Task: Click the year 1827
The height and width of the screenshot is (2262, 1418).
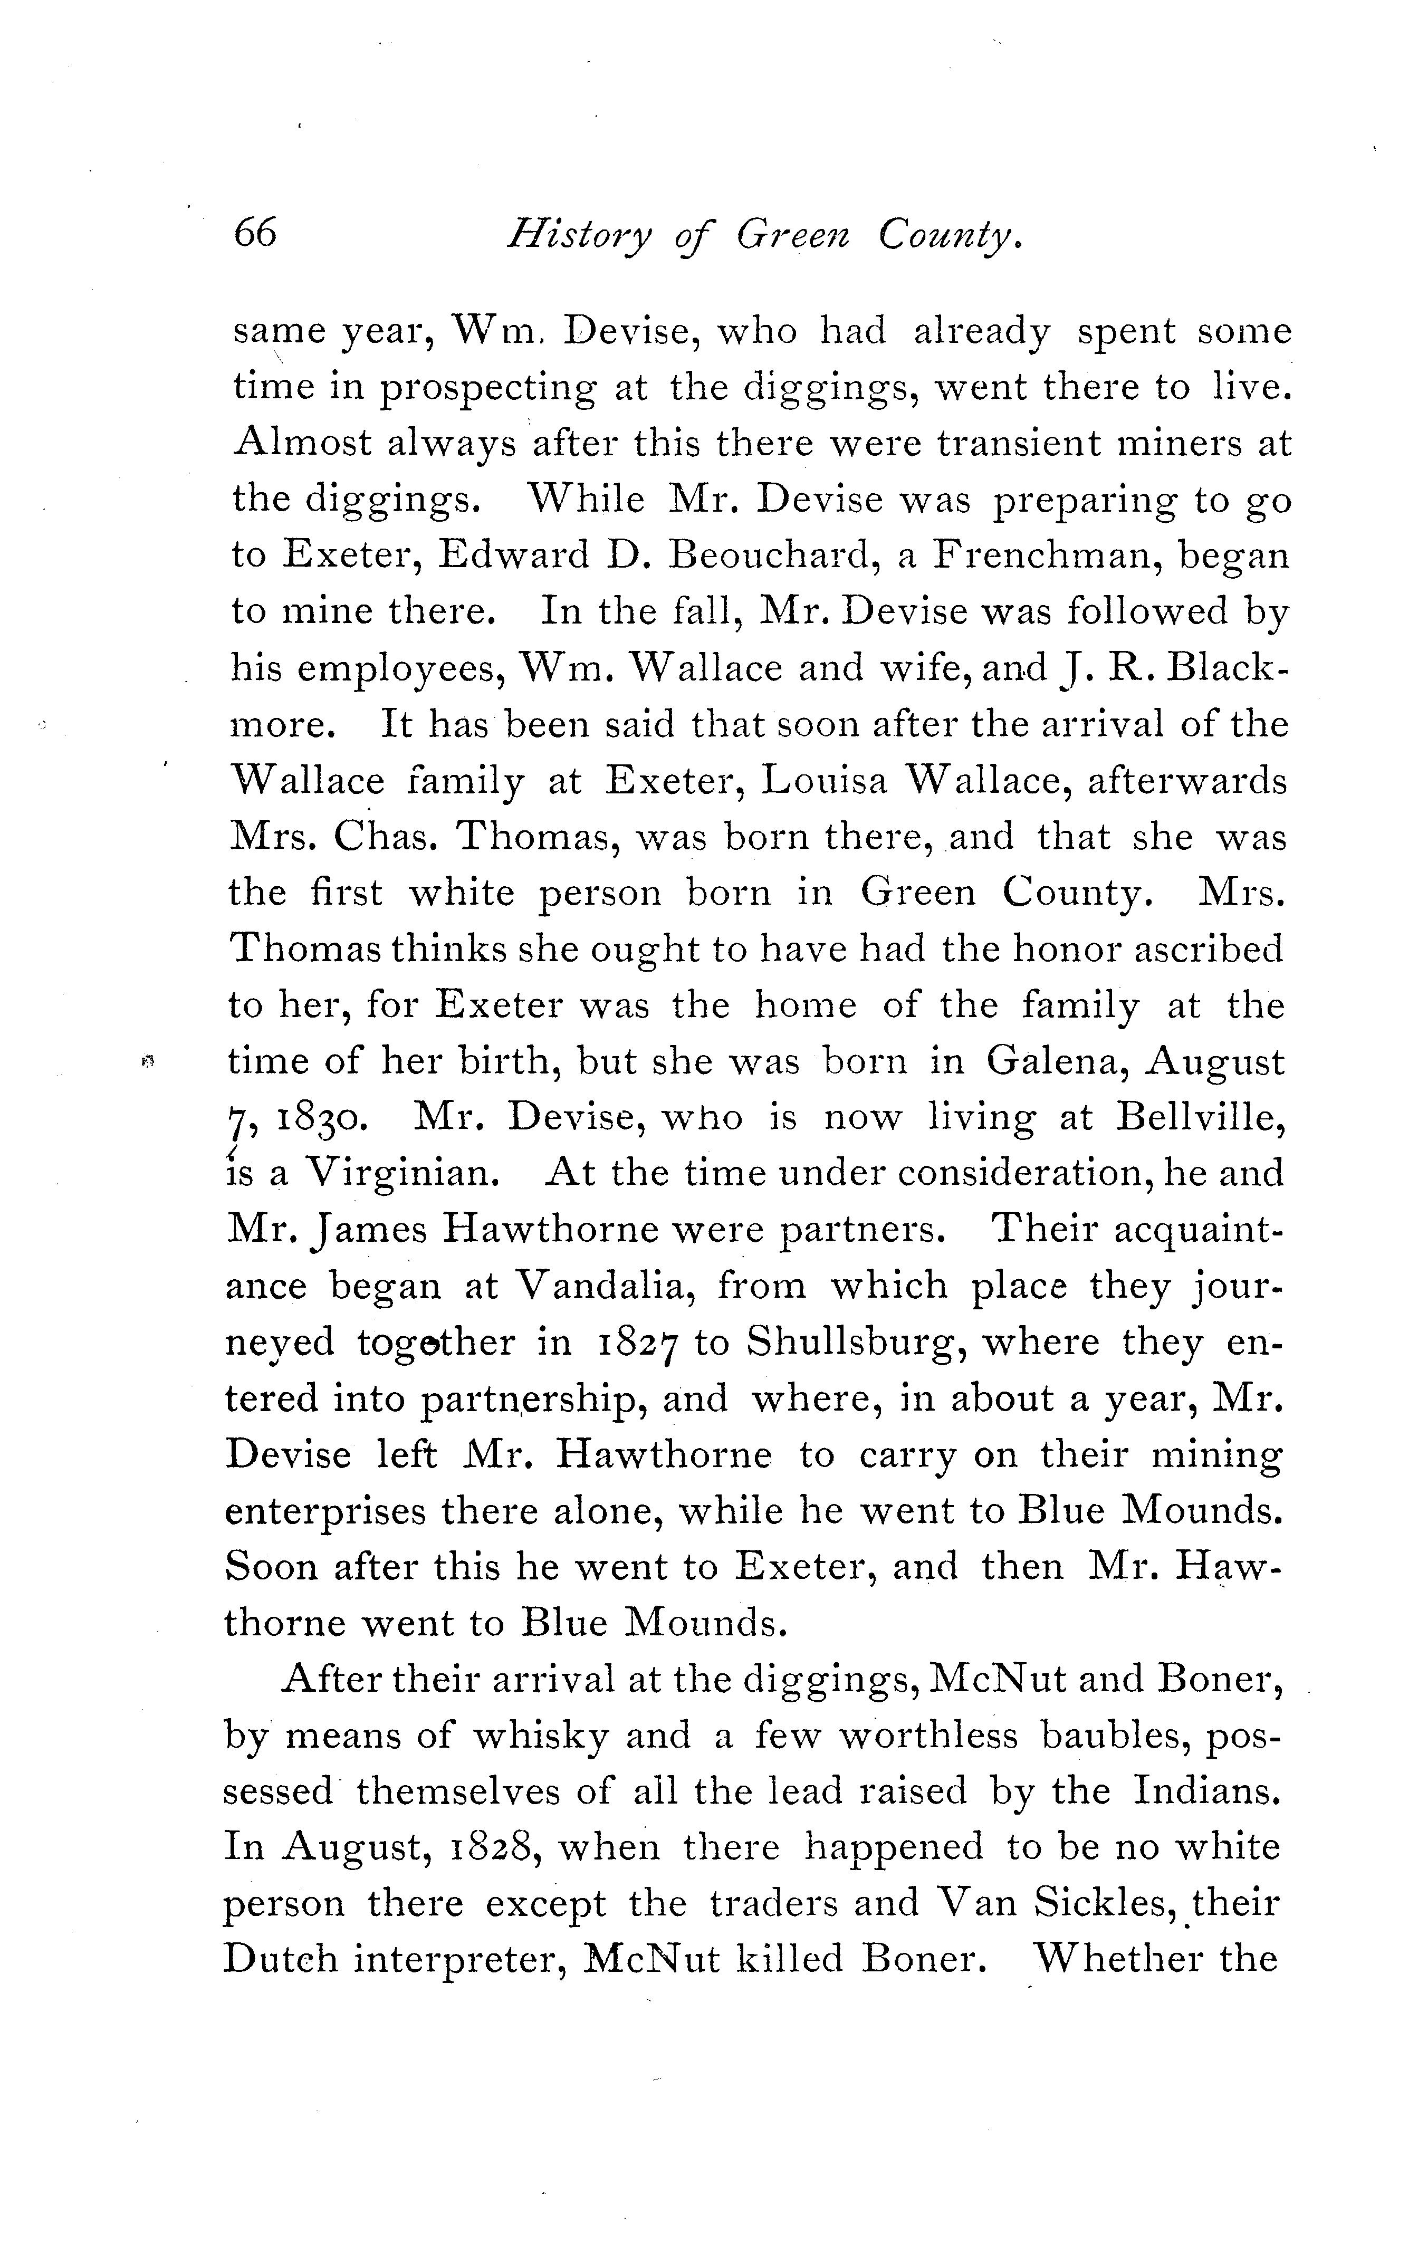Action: pos(638,1343)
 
